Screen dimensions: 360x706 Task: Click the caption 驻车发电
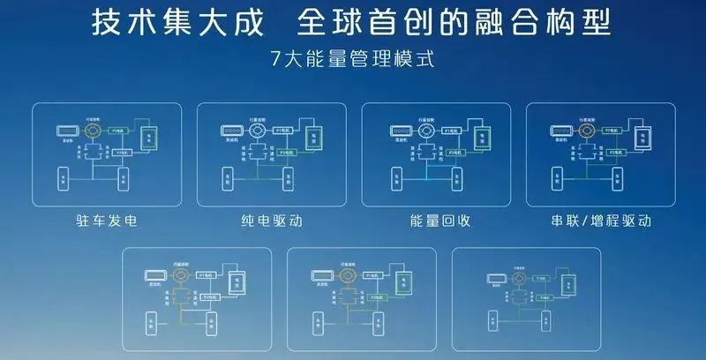click(106, 220)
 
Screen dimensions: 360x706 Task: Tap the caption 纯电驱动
click(272, 220)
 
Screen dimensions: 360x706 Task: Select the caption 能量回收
click(436, 220)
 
